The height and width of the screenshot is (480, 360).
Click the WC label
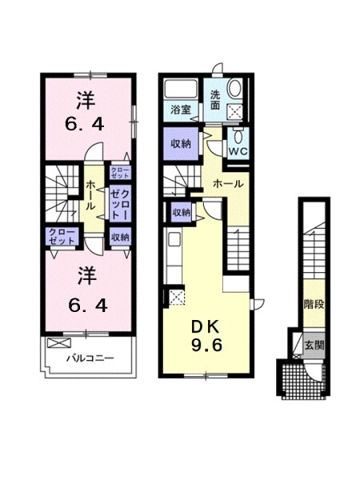click(x=238, y=149)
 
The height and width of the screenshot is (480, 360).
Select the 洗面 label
click(x=216, y=98)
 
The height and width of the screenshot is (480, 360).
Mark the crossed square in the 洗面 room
click(x=235, y=113)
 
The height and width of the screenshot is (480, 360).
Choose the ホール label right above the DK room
click(x=228, y=184)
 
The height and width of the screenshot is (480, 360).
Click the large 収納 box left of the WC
click(x=180, y=144)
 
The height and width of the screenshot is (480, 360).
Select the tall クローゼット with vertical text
click(x=120, y=200)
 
